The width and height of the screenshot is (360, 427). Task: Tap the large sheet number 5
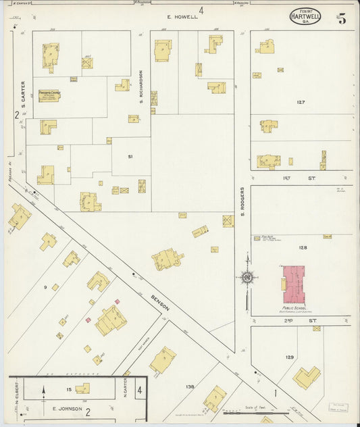[342, 19]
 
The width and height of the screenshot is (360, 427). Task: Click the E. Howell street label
[183, 17]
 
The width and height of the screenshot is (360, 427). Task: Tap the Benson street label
[159, 300]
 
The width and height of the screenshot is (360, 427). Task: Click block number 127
[301, 102]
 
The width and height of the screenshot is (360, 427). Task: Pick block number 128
[303, 248]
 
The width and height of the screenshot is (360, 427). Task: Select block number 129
[290, 357]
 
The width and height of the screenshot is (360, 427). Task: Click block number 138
[190, 386]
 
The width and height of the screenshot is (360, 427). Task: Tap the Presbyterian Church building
[49, 96]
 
